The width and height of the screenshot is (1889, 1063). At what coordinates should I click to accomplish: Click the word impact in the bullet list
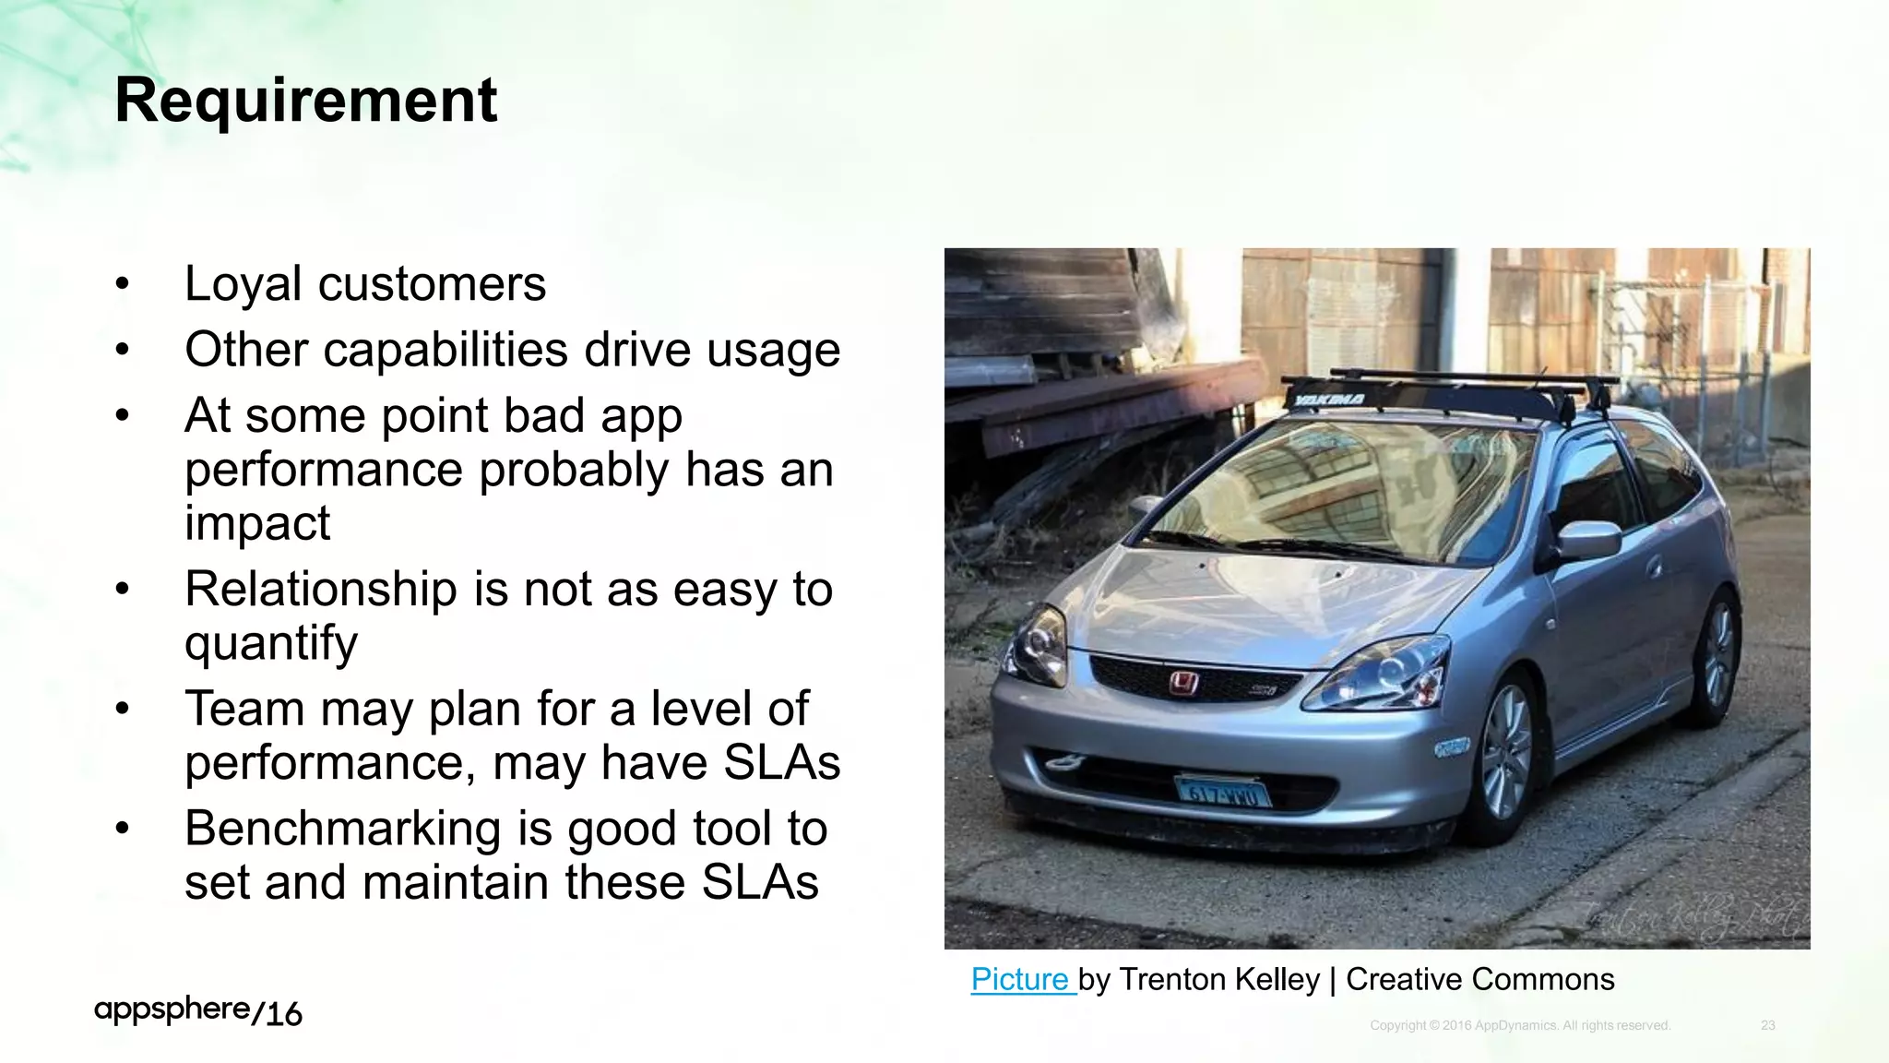(256, 523)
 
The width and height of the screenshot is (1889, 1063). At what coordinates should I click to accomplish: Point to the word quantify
(270, 643)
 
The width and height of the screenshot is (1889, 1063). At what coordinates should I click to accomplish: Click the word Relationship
(320, 589)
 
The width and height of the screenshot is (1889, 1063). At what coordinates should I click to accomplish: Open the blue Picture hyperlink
(1020, 979)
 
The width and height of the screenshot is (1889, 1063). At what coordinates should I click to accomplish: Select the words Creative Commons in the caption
(1479, 979)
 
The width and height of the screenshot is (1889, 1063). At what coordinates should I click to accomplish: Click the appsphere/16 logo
(197, 1011)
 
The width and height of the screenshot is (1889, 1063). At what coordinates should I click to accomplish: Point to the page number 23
(1767, 1025)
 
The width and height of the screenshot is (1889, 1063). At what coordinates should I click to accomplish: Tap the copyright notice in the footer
(1519, 1025)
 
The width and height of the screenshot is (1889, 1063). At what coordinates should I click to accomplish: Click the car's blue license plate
(1222, 792)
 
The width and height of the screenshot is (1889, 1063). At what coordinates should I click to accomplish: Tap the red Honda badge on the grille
(1182, 683)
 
